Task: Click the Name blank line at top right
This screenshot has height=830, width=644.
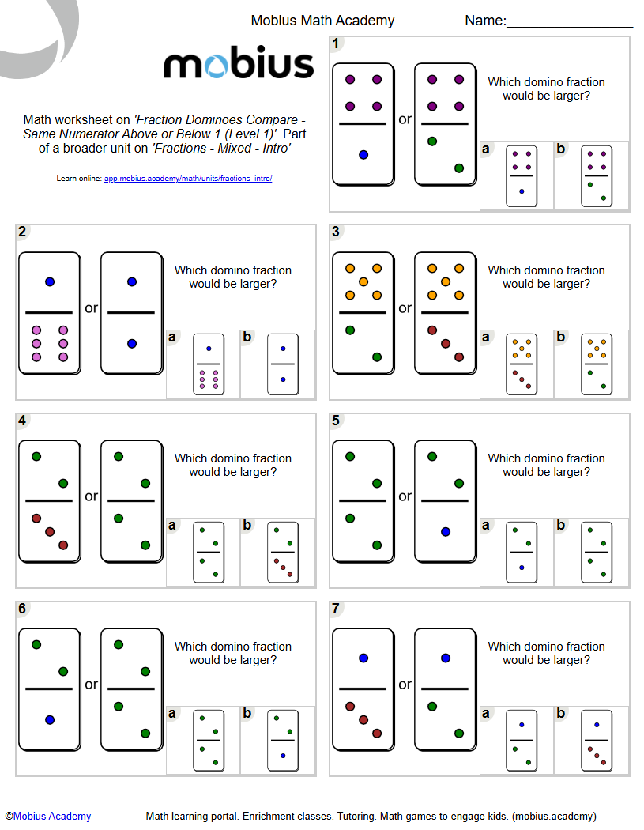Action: [x=569, y=28]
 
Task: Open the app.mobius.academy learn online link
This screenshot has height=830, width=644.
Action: [x=188, y=179]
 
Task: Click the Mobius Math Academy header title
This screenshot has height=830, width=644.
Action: [x=322, y=21]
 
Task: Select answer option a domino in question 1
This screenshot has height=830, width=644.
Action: [x=521, y=176]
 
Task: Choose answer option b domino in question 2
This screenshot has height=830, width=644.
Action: [x=282, y=364]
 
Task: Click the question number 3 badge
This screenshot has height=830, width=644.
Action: [x=337, y=232]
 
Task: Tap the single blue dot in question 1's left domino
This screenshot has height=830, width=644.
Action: [x=363, y=155]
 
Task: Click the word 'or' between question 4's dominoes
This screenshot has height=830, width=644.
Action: [x=92, y=496]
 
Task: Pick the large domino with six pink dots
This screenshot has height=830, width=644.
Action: [x=50, y=313]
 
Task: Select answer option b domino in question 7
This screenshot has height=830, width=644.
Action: [x=596, y=741]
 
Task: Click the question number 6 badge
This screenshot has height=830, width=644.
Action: [x=22, y=609]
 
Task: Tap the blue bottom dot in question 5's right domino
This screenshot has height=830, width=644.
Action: [x=446, y=532]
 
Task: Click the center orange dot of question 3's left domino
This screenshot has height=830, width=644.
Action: [x=363, y=281]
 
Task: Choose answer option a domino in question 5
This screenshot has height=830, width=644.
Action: [x=521, y=553]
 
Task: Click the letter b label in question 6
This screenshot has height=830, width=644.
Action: [x=248, y=714]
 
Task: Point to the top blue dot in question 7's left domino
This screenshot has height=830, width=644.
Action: [x=363, y=658]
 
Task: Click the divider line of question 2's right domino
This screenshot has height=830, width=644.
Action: [x=132, y=312]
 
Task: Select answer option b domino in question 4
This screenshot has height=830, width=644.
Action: [x=282, y=553]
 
